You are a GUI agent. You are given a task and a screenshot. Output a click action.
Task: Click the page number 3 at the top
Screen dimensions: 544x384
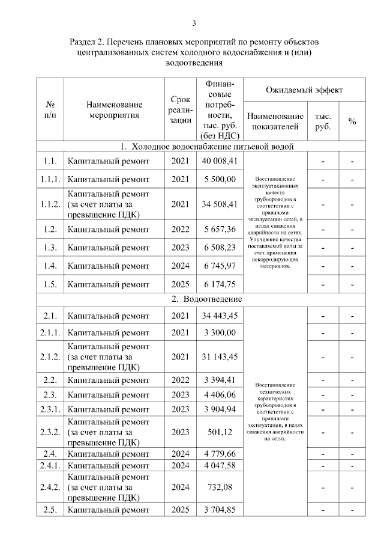coord(194,23)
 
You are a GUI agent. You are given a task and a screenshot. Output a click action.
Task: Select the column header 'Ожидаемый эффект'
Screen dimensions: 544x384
coord(304,90)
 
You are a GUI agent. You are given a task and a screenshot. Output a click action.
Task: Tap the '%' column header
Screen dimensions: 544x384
coord(352,121)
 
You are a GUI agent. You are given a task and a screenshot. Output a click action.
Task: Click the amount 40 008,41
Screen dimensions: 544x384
coord(220,161)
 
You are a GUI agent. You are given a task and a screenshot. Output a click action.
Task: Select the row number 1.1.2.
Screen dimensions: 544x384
coord(49,204)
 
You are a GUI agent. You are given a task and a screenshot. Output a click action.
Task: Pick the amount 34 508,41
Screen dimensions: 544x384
coord(220,204)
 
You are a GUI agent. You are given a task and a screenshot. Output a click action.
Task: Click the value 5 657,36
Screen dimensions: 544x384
coord(220,229)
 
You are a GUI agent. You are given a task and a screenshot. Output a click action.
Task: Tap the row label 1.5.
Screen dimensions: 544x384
coord(49,283)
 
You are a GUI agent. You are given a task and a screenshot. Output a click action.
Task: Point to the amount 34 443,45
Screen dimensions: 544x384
coord(220,316)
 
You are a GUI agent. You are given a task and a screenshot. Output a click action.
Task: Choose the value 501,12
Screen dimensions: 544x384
coord(220,432)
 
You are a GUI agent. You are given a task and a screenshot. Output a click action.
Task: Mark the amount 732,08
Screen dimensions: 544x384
coord(220,487)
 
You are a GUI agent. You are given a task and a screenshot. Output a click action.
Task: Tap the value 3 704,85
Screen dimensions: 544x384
coord(220,510)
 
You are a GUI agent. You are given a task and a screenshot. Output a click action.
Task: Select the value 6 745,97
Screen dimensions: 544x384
coord(220,266)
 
